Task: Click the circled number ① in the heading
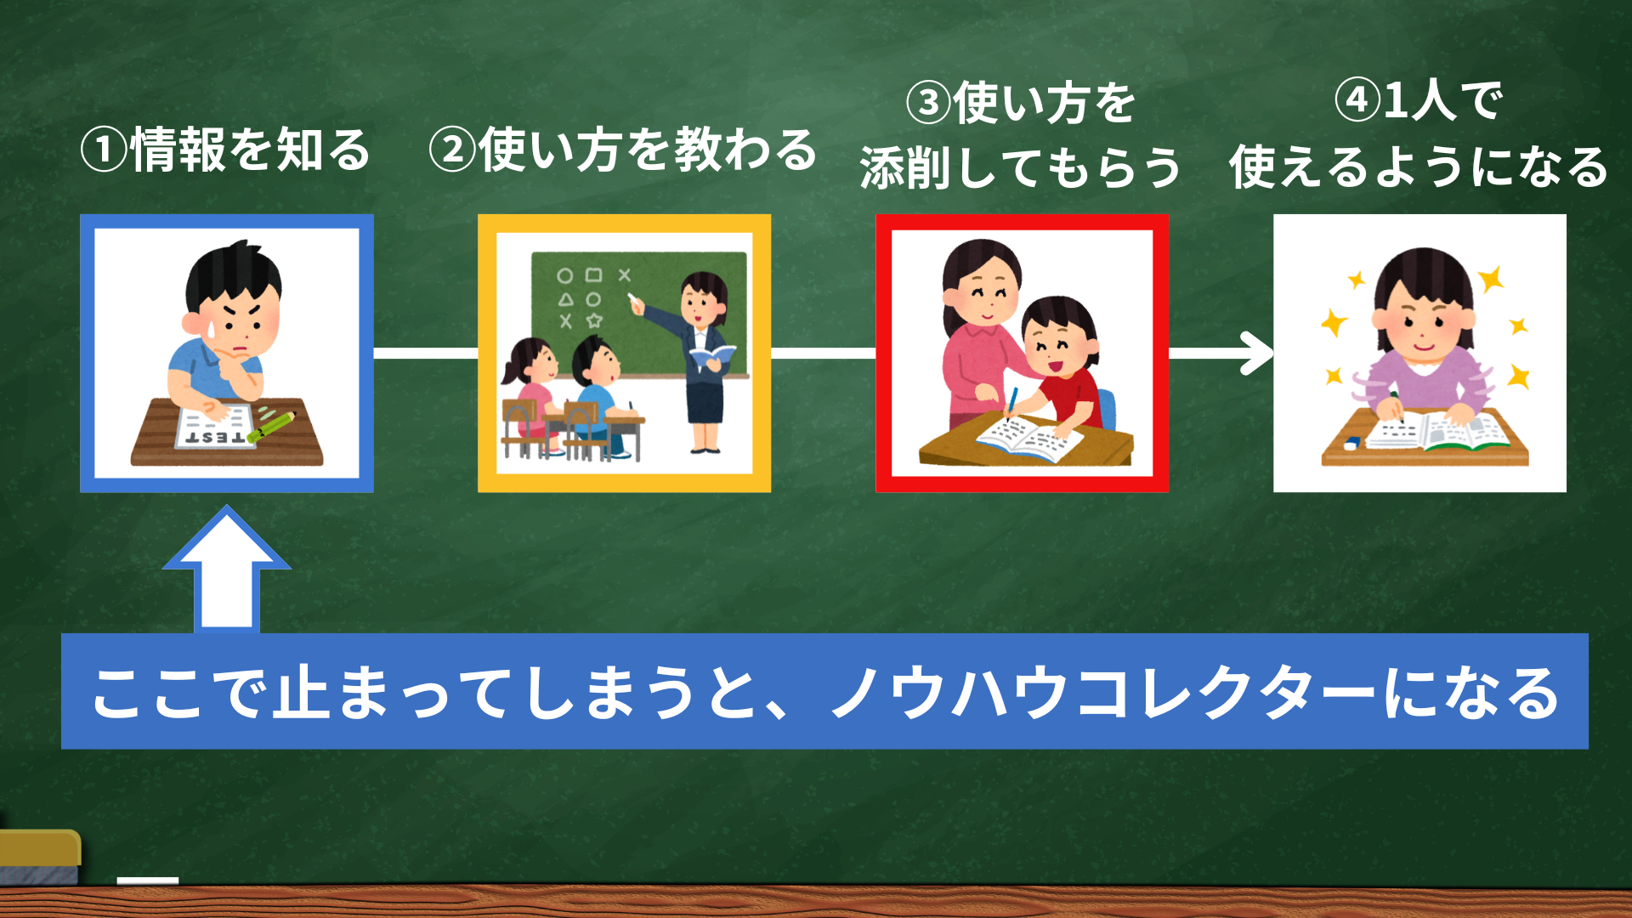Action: coord(104,151)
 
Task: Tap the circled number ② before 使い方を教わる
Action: coord(453,151)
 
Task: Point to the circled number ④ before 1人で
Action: coord(1357,100)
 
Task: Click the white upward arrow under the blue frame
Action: coord(227,569)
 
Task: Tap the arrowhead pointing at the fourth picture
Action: coord(1256,353)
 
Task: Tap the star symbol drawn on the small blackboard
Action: coord(594,320)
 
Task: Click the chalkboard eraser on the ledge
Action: coord(39,857)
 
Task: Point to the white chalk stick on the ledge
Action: coord(148,881)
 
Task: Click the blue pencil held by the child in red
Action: coord(1011,404)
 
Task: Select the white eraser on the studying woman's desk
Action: coord(1351,442)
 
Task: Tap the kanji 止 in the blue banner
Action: coord(300,691)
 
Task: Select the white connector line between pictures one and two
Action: coord(426,353)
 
